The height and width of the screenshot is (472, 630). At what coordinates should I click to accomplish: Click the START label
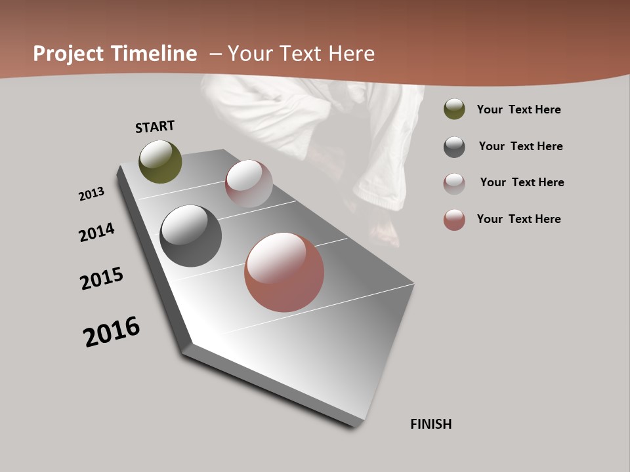pos(155,127)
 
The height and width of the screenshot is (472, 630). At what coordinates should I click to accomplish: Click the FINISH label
pos(431,424)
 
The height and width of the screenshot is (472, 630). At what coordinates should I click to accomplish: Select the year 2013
pos(91,194)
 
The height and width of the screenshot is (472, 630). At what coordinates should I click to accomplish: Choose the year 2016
pos(112,332)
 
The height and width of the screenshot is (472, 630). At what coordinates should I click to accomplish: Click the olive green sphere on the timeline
pos(160,161)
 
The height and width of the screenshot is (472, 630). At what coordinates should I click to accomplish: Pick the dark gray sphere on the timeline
pos(190,236)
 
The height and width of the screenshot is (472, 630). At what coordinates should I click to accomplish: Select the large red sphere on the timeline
pos(284,272)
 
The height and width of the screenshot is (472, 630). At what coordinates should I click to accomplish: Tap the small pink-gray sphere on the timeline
pos(249,183)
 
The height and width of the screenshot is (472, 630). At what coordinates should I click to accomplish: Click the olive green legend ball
pos(454,109)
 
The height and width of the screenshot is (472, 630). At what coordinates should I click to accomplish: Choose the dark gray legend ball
pos(454,147)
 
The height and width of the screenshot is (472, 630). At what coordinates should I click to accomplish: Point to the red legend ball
pos(454,220)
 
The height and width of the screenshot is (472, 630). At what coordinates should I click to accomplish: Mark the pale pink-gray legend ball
pos(454,184)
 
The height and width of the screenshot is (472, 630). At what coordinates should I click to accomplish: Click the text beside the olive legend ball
pos(518,109)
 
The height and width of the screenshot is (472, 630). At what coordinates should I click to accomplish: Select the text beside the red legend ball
pos(518,219)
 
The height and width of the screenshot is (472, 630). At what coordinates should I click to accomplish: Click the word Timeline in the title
pos(154,54)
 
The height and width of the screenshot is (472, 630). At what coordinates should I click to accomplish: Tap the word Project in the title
pos(68,54)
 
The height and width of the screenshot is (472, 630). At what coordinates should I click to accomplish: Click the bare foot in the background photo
pos(386,233)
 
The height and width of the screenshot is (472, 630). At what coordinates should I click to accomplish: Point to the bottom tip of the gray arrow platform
pos(354,426)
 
